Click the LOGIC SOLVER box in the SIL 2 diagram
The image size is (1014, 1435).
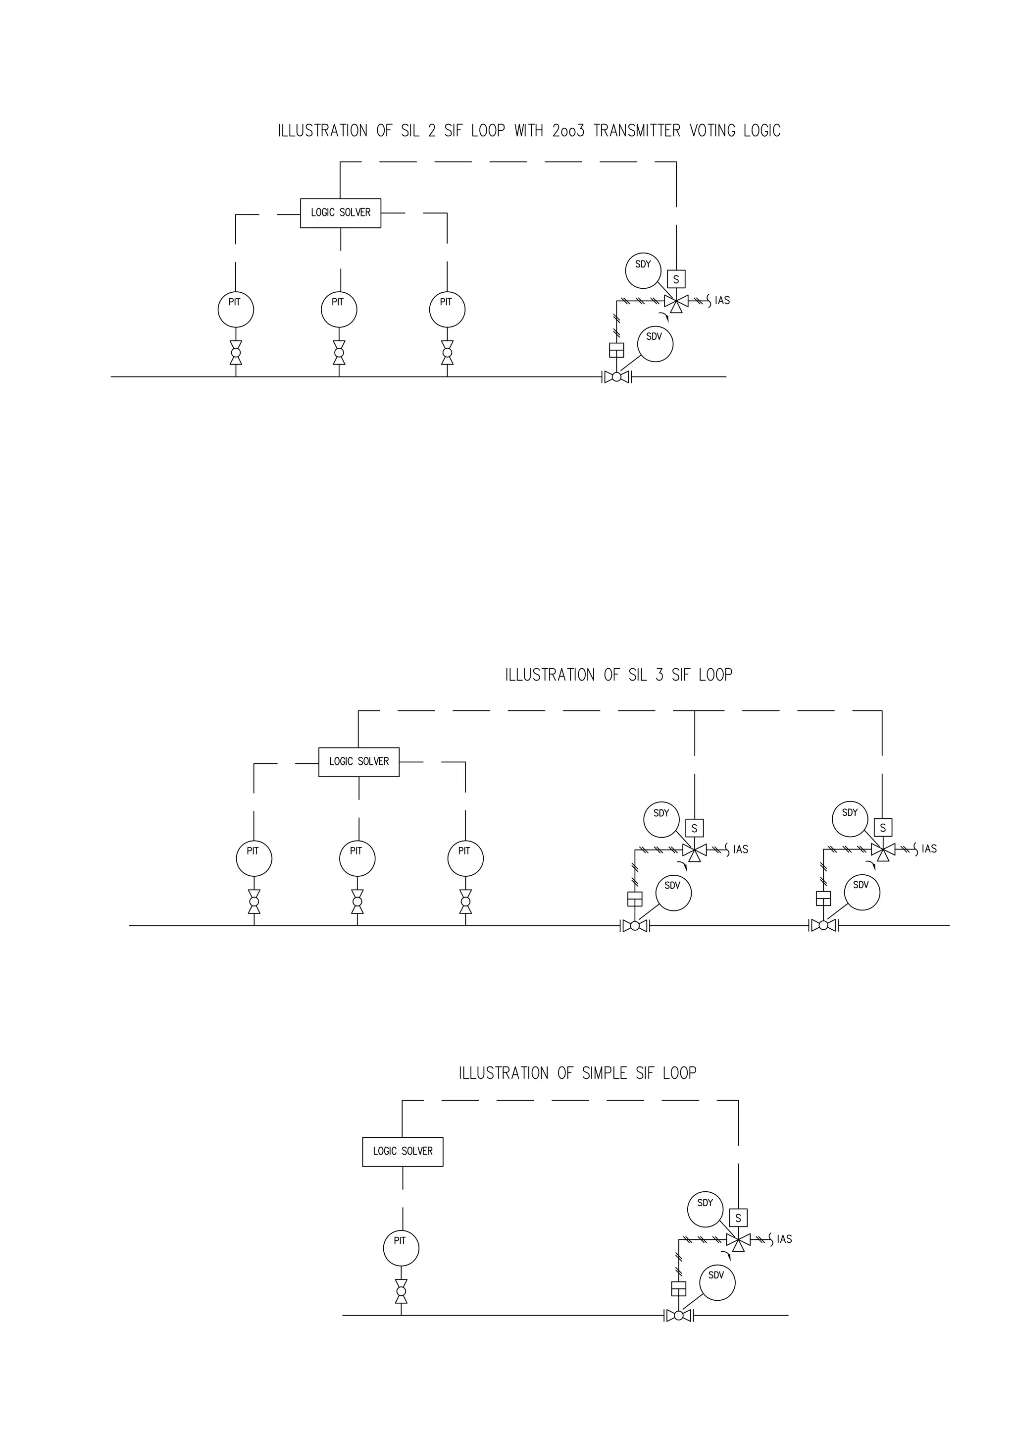341,213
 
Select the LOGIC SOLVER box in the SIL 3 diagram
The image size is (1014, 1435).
358,762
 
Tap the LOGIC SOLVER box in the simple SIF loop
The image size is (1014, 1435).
403,1151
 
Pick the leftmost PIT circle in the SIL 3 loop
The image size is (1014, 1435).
253,858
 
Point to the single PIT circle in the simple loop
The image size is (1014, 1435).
401,1248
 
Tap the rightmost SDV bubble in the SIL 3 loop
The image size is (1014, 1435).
862,893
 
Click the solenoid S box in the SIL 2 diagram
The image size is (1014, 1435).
676,279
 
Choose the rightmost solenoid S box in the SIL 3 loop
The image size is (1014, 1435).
883,828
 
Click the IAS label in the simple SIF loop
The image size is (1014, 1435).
785,1239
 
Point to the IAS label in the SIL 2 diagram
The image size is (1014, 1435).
722,301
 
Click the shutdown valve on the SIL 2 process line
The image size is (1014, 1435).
616,377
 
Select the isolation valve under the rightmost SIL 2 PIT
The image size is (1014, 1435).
447,353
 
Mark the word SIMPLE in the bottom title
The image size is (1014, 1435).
604,1073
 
